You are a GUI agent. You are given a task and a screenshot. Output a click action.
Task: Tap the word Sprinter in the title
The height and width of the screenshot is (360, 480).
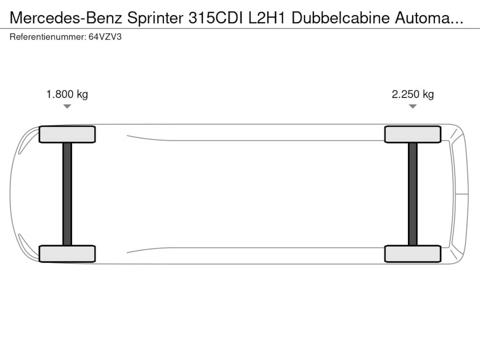[155, 18]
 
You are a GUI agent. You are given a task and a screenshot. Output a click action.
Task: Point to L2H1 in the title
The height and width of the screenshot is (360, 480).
[267, 18]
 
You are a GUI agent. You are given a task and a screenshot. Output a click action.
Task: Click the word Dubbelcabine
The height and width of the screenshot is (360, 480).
[340, 18]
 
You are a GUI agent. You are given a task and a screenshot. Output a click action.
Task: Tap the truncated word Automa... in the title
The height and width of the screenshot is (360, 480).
[429, 18]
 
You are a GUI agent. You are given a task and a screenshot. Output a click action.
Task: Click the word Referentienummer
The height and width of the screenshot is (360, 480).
[48, 37]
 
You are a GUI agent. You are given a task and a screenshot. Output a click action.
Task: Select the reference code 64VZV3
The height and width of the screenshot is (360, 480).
[105, 37]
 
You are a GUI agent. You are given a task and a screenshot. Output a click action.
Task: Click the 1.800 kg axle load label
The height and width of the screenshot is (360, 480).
[67, 94]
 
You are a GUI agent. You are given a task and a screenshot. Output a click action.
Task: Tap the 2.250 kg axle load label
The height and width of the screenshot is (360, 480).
[412, 94]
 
